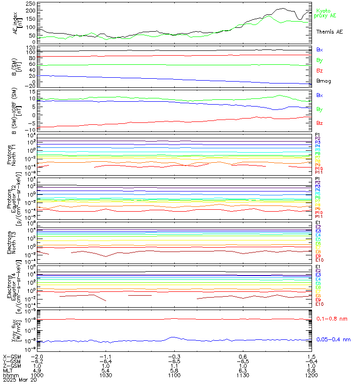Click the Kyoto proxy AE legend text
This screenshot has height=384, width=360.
(x=325, y=13)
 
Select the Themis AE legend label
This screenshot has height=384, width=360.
(x=329, y=32)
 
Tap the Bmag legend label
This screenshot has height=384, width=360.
(x=323, y=81)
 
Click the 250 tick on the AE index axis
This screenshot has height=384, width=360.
(x=30, y=3)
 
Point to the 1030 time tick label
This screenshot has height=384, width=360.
(x=106, y=376)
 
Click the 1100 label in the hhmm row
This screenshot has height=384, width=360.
(x=174, y=376)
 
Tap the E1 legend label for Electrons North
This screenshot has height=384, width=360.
(x=318, y=223)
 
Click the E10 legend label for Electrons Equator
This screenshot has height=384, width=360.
(x=319, y=304)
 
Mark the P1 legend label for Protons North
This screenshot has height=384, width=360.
(x=317, y=135)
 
